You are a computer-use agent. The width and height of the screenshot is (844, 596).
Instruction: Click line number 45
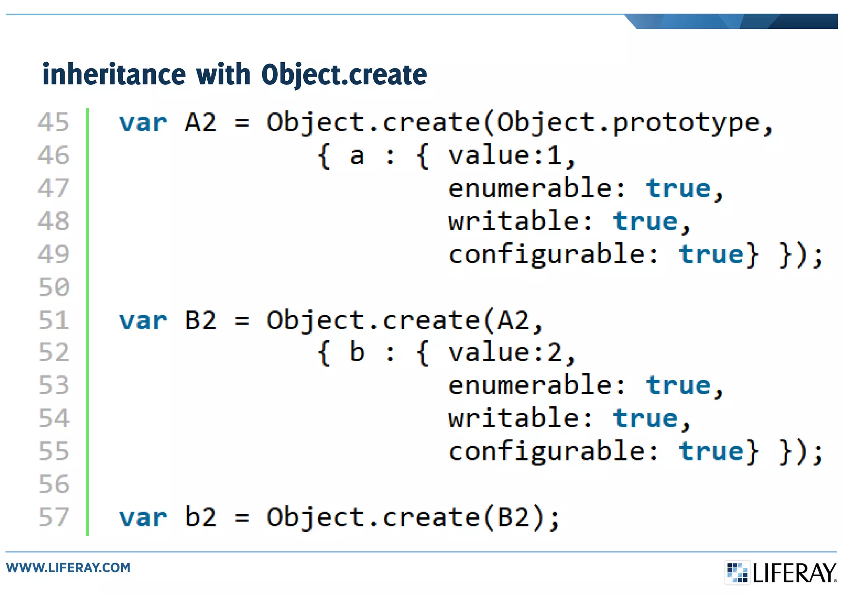(x=53, y=122)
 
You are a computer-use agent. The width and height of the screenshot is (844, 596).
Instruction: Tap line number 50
(x=54, y=287)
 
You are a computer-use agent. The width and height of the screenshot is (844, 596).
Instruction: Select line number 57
(x=54, y=517)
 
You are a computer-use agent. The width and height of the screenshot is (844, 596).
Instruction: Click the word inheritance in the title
(x=114, y=75)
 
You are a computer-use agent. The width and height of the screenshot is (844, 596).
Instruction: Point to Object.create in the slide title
(x=344, y=75)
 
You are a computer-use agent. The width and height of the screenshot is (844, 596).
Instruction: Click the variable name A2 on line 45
(x=201, y=122)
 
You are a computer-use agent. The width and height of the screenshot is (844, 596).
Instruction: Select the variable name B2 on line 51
(x=201, y=320)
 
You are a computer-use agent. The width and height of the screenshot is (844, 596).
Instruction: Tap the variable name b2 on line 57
(x=201, y=517)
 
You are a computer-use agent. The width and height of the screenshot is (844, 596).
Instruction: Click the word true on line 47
(x=678, y=189)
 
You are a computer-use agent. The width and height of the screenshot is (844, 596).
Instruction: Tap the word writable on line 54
(x=513, y=418)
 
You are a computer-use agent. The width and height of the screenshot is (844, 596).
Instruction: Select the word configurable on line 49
(x=547, y=255)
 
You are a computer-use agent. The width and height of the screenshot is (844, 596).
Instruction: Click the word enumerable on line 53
(x=530, y=386)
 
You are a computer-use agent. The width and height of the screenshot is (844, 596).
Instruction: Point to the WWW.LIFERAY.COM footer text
(x=68, y=568)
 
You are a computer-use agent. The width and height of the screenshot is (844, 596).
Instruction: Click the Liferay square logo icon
(x=737, y=572)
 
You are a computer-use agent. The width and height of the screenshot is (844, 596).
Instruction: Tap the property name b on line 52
(x=357, y=353)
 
